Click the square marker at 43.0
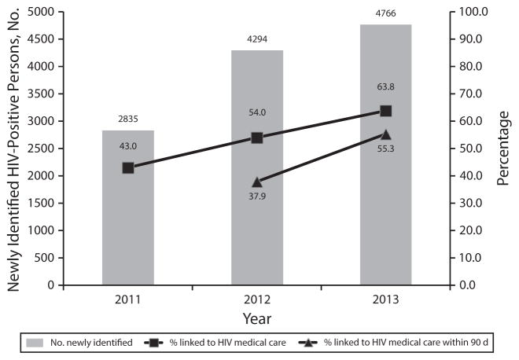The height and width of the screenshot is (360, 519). pos(128,167)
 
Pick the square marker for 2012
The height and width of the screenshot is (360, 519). pos(257,138)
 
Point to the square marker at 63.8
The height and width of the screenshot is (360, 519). pos(385,111)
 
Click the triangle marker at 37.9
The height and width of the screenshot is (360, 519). pos(257,182)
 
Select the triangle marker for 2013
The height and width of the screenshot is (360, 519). pos(385,134)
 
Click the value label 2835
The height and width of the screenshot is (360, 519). pos(128,120)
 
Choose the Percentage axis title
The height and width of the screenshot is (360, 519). pos(504,149)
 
